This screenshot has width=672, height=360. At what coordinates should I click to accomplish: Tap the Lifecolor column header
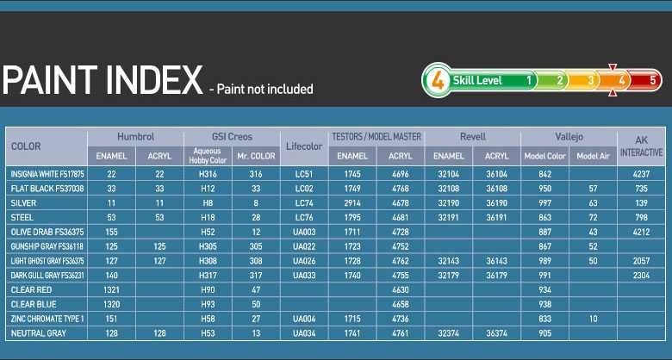304,146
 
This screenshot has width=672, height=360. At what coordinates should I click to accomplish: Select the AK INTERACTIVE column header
641,146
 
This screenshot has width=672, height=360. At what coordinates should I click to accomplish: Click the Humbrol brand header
135,137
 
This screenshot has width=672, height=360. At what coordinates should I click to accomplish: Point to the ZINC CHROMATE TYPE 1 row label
47,319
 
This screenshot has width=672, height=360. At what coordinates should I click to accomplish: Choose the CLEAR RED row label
31,289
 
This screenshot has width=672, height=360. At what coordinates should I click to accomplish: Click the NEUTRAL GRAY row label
39,333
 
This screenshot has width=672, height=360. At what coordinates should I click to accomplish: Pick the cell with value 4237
641,174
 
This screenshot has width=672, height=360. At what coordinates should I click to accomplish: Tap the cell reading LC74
304,203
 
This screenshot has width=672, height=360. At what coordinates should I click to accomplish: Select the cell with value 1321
111,289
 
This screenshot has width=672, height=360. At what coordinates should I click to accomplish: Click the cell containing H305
208,246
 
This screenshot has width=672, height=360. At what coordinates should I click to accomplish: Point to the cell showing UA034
304,333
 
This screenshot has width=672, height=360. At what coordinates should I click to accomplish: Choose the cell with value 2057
641,261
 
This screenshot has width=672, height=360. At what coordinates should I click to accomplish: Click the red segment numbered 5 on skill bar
646,80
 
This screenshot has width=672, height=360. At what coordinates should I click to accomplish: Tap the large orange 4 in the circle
437,80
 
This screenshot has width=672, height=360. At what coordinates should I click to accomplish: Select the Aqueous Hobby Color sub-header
208,156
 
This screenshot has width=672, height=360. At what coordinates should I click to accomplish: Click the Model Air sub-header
593,157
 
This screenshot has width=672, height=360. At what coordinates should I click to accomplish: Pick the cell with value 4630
401,289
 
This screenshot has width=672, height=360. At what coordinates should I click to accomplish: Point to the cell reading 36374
497,333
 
